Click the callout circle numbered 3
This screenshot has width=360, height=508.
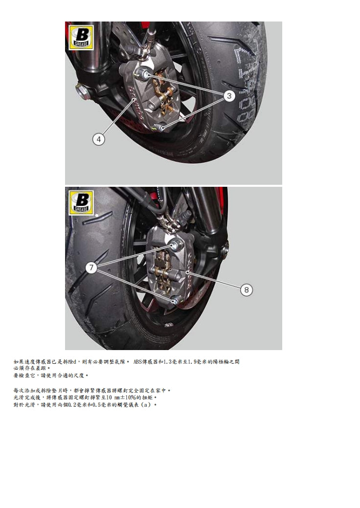(x=229, y=96)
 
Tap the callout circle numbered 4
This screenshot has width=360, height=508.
(x=99, y=139)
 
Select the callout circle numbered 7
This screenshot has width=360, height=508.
(x=91, y=267)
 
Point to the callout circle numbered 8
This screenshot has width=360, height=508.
(x=247, y=290)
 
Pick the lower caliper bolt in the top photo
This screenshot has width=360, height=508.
(x=162, y=128)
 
